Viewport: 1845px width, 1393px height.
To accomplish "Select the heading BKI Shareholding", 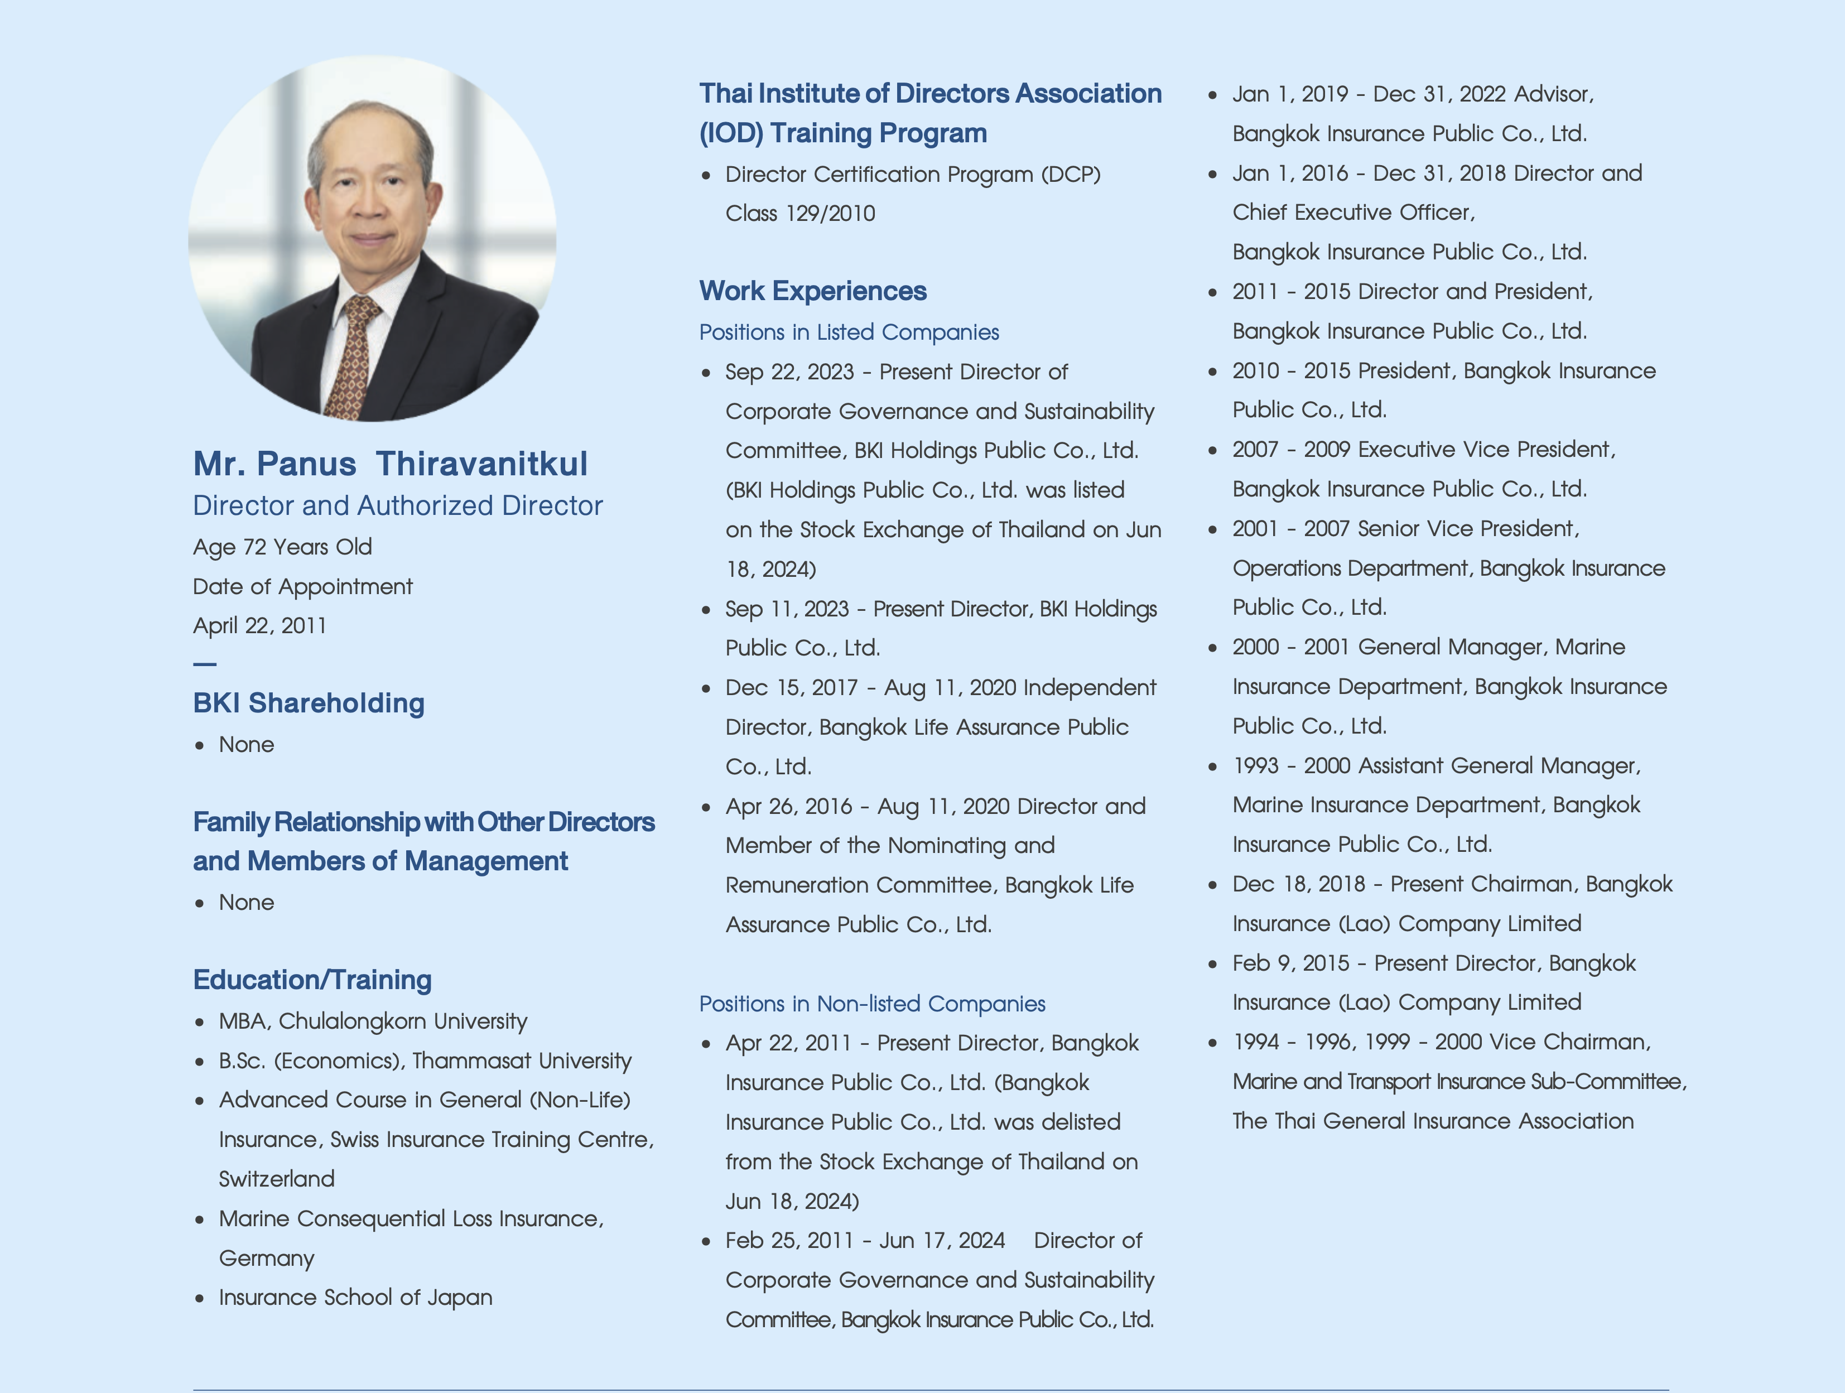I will tap(309, 703).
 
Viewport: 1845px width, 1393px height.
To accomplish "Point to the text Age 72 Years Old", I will tap(282, 547).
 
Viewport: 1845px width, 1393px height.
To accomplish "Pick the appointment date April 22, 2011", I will tap(259, 625).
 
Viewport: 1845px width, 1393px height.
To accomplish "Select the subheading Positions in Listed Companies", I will tap(848, 332).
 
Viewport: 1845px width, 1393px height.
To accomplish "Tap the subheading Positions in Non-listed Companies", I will tap(871, 1004).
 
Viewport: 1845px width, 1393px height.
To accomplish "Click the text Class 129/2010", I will tap(800, 214).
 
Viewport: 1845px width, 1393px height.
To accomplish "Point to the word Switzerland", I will tap(276, 1179).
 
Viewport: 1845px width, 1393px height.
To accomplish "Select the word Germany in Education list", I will tap(266, 1258).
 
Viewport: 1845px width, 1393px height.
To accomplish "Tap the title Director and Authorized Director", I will tap(397, 505).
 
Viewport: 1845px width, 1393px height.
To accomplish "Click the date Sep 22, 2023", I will tap(789, 372).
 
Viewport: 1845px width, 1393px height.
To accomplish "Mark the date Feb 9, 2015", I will tap(1290, 963).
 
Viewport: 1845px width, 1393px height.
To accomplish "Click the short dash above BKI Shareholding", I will tap(204, 664).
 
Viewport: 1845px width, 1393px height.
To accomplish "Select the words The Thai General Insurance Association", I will tap(1432, 1121).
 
